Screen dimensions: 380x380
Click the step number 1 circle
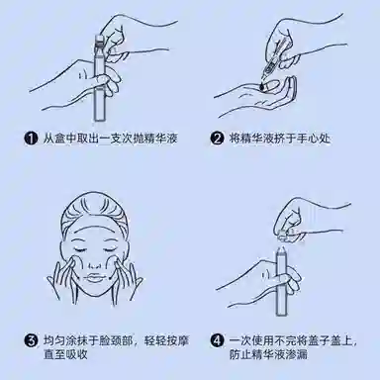click(31, 139)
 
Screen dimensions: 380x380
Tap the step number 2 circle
click(217, 139)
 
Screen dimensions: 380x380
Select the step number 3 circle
click(31, 340)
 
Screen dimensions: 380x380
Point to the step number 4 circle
click(217, 340)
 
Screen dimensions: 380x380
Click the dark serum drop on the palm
click(262, 86)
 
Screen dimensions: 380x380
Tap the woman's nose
click(95, 262)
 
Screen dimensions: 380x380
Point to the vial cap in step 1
click(99, 41)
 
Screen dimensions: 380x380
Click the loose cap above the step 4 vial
click(283, 237)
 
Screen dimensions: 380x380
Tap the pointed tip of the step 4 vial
click(282, 246)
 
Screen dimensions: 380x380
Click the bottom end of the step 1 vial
click(99, 120)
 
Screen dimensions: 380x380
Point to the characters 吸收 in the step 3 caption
click(77, 354)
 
